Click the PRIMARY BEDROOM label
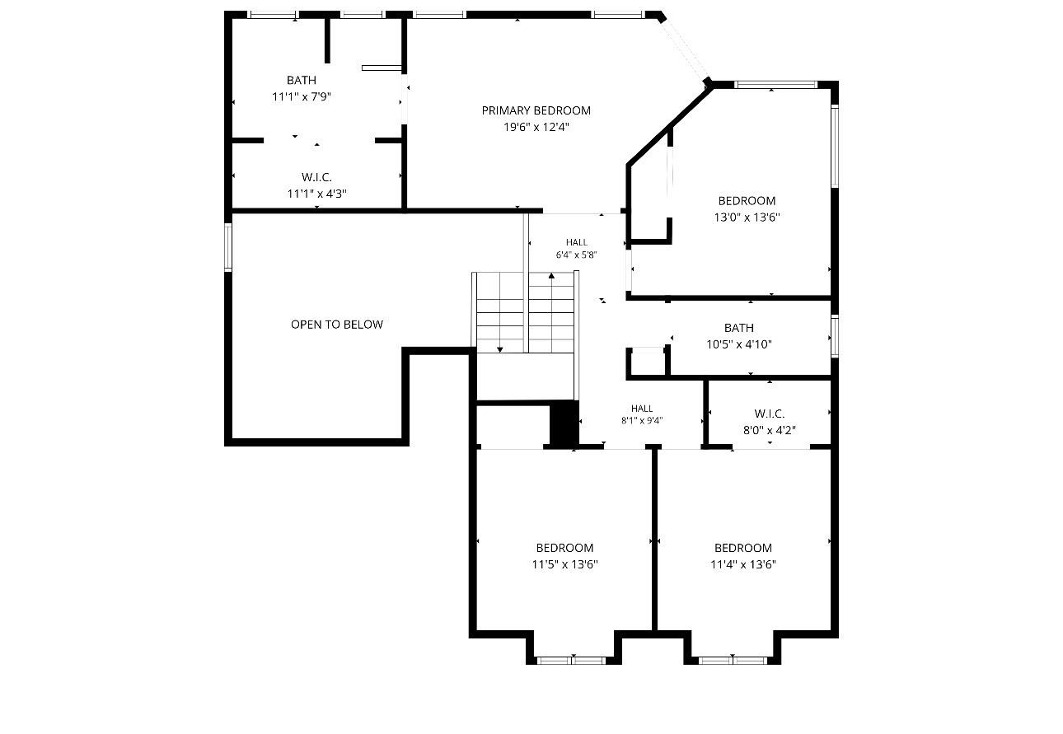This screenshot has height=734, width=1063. (536, 110)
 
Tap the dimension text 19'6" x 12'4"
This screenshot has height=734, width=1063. (536, 127)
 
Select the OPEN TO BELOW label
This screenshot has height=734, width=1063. (337, 325)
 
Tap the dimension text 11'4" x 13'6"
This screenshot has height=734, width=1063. (743, 564)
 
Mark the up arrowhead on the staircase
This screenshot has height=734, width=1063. (551, 275)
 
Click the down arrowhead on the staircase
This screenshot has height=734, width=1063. (499, 349)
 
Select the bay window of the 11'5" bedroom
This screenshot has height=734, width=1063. (571, 661)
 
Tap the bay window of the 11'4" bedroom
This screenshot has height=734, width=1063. (733, 661)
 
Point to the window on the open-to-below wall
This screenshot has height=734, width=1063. (227, 247)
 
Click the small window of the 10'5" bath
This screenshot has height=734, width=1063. (835, 335)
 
